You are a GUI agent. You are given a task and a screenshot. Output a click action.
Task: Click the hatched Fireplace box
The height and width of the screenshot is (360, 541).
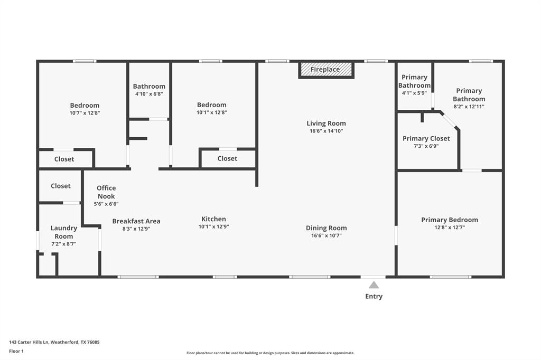pos(325,70)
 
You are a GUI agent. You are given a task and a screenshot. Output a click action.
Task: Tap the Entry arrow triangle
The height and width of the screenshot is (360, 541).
pos(374,285)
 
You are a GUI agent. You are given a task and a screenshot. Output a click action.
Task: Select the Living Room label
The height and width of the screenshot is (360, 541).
pos(326,124)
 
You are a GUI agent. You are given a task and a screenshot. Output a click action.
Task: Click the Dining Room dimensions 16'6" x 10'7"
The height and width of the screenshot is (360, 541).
pos(326,236)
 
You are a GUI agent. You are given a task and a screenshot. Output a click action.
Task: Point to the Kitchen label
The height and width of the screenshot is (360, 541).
pos(213,219)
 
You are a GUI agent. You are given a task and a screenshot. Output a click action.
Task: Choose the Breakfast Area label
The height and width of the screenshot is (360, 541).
pos(136,221)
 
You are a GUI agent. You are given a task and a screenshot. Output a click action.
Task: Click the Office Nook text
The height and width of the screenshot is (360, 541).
pos(106,192)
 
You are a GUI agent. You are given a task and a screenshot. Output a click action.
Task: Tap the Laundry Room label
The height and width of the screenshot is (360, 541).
pos(64,232)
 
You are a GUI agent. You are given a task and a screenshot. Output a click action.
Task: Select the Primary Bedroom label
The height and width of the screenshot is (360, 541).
pos(449,220)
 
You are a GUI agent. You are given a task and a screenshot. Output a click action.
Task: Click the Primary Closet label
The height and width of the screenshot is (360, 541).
pos(426,139)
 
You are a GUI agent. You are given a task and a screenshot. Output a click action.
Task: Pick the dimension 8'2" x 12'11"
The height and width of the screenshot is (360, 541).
pos(469,107)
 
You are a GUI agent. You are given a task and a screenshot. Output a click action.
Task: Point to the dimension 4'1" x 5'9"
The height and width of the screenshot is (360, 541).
pos(414,93)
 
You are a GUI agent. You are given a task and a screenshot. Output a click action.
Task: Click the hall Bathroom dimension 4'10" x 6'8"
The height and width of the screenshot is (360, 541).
pos(149,94)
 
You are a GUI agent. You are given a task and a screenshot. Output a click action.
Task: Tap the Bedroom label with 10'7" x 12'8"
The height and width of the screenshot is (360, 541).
pos(85,105)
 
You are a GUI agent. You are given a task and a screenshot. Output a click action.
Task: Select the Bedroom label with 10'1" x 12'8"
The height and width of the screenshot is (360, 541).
pos(211,105)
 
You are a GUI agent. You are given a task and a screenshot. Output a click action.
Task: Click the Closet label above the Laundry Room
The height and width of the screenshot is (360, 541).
pos(61,186)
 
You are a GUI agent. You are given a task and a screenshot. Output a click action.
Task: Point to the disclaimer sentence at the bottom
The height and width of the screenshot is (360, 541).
pos(270,353)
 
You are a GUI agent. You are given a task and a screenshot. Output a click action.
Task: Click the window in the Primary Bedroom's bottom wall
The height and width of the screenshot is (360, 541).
pos(450,277)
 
